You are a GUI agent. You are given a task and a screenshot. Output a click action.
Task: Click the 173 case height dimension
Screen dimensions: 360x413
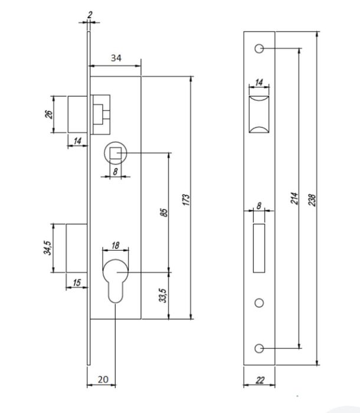click(186, 199)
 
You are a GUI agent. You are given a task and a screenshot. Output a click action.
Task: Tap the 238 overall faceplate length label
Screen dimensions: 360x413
click(312, 200)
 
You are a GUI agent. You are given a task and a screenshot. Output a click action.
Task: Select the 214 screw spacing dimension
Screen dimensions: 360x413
click(294, 198)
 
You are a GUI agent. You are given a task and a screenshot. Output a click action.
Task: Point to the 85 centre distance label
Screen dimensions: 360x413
click(163, 212)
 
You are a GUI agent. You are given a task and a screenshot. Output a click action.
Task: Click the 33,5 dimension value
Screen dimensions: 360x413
click(163, 296)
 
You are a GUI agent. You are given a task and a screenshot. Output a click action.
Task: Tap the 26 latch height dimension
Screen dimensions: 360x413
click(49, 114)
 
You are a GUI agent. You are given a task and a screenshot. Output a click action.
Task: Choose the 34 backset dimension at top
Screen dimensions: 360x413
click(116, 58)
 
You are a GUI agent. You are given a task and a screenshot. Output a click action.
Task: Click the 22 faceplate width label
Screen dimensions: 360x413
click(260, 380)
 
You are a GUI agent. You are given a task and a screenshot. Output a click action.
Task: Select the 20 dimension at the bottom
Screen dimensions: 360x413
click(103, 379)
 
